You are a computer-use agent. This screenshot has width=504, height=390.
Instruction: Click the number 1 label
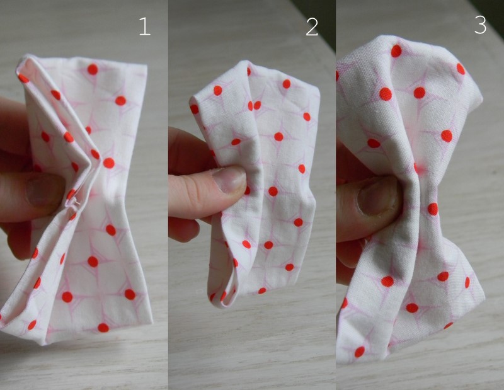coord(145,26)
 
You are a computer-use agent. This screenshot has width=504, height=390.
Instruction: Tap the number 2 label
coord(312,26)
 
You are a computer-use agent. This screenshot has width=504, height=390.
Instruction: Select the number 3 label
coord(480,25)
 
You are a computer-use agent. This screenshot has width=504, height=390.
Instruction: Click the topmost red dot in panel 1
coord(93,69)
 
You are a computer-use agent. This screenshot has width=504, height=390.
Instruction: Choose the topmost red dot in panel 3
coord(396,50)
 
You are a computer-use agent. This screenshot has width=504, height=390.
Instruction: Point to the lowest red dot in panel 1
coord(103,327)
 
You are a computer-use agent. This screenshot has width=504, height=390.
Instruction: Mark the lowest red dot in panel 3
coord(360,352)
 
